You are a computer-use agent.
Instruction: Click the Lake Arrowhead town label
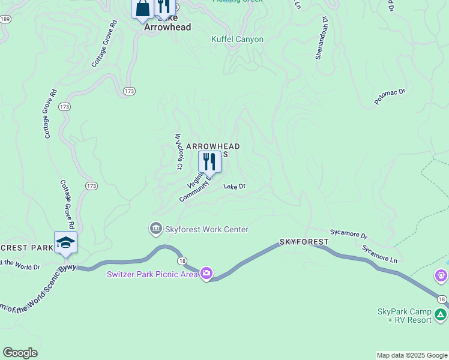pyautogui.click(x=167, y=27)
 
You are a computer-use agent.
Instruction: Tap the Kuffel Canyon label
pyautogui.click(x=237, y=40)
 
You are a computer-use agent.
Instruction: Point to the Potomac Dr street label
pyautogui.click(x=390, y=97)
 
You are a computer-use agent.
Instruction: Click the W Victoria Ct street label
pyautogui.click(x=178, y=152)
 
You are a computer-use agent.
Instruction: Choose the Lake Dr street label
pyautogui.click(x=235, y=187)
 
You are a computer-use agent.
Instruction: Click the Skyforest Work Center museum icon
pyautogui.click(x=155, y=229)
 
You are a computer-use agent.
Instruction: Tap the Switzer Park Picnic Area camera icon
pyautogui.click(x=206, y=274)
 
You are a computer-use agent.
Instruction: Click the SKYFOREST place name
pyautogui.click(x=304, y=242)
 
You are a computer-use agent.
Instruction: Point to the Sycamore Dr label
pyautogui.click(x=348, y=233)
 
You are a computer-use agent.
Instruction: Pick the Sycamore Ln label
pyautogui.click(x=379, y=253)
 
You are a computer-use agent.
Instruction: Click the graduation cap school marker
pyautogui.click(x=65, y=242)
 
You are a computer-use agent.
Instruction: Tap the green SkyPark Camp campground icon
pyautogui.click(x=441, y=313)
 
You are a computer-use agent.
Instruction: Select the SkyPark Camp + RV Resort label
pyautogui.click(x=405, y=316)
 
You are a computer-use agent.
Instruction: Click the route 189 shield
pyautogui.click(x=5, y=19)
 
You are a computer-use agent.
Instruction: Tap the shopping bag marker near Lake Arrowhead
pyautogui.click(x=143, y=8)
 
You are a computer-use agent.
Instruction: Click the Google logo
pyautogui.click(x=20, y=353)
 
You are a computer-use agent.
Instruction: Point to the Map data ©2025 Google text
pyautogui.click(x=412, y=355)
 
